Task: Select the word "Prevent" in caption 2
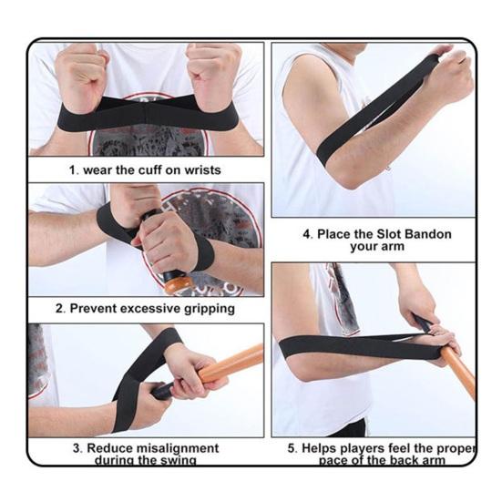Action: tap(97, 309)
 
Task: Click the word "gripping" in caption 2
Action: tap(205, 309)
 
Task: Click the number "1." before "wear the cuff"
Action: tap(75, 170)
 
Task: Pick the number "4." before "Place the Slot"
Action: tap(308, 234)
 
